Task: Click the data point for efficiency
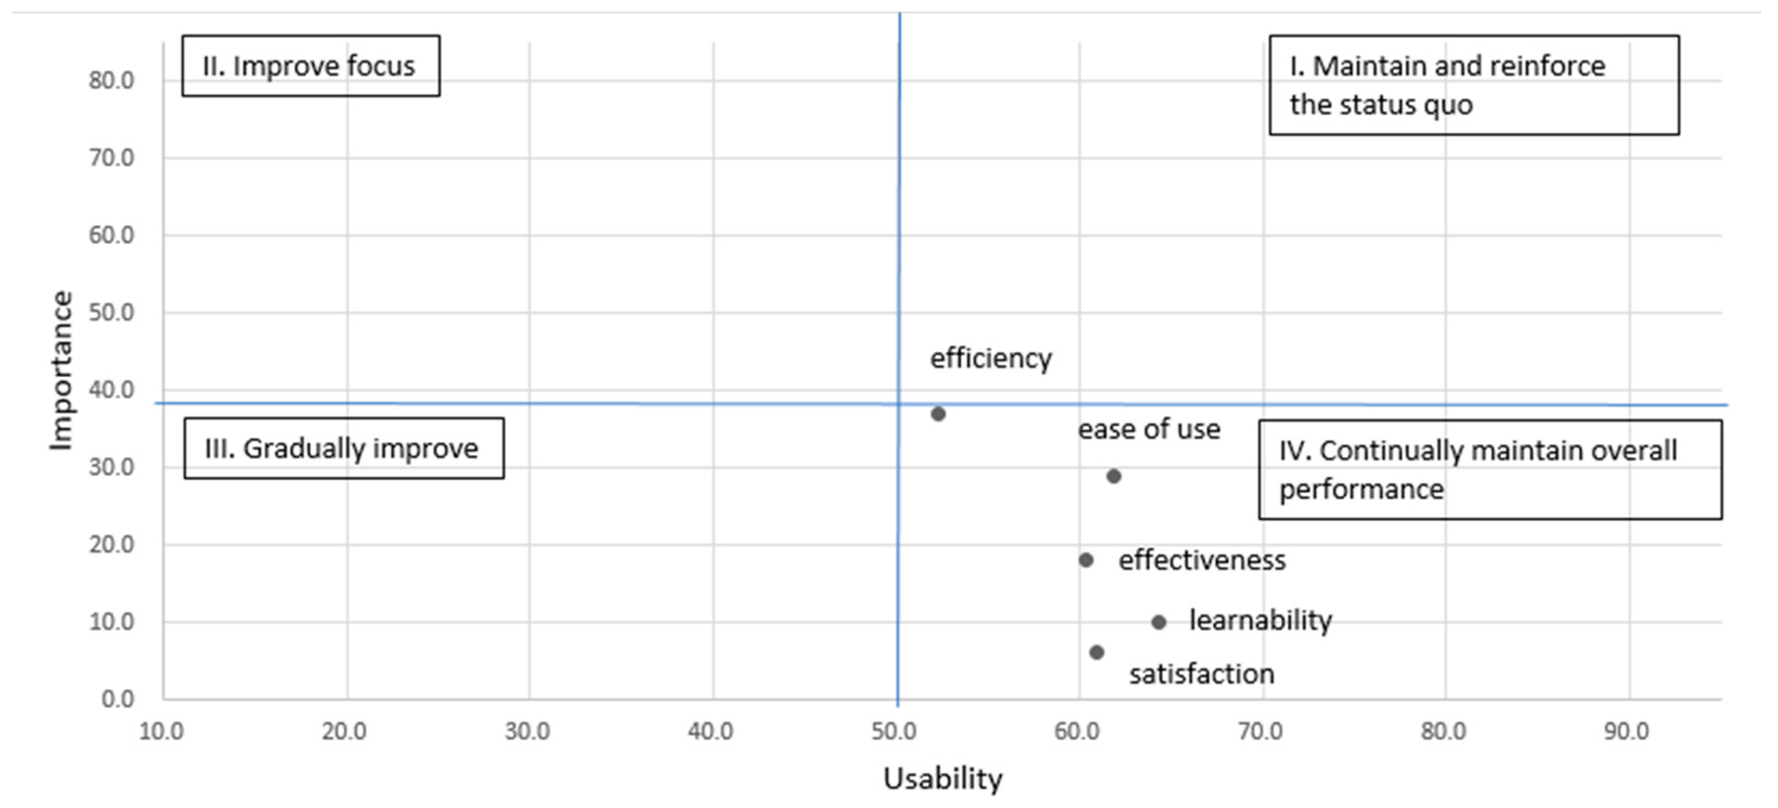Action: coord(938,414)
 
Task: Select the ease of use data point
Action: coord(1113,476)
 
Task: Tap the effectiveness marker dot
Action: coord(1086,560)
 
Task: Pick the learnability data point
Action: coord(1159,622)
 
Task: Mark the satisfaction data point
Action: coord(1097,652)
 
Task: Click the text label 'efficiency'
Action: coord(991,359)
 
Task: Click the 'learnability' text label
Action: coord(1260,620)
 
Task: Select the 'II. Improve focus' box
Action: coord(311,66)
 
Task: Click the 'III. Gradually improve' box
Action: coord(344,449)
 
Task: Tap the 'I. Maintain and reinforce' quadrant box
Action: coord(1474,86)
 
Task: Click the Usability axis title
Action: coord(942,779)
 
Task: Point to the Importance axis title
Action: coord(61,371)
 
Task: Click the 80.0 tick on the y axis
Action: coord(111,81)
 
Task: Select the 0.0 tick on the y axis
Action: coord(118,699)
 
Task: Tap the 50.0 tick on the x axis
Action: coord(894,731)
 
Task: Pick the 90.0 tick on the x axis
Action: coord(1626,731)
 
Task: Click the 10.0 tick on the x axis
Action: coord(161,731)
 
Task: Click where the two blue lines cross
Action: coord(898,404)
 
